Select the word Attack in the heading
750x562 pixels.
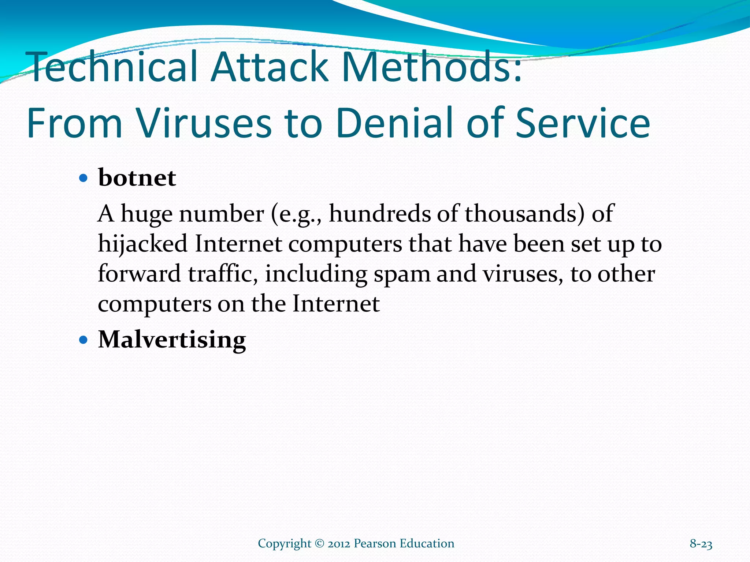[269, 67]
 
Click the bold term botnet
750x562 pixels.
[137, 178]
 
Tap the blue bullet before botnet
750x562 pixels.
[83, 179]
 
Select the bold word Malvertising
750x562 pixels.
[172, 340]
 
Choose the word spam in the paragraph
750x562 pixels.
[402, 274]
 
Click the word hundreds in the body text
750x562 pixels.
[380, 214]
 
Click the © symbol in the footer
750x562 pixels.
[319, 544]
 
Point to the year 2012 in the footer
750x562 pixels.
[339, 544]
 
